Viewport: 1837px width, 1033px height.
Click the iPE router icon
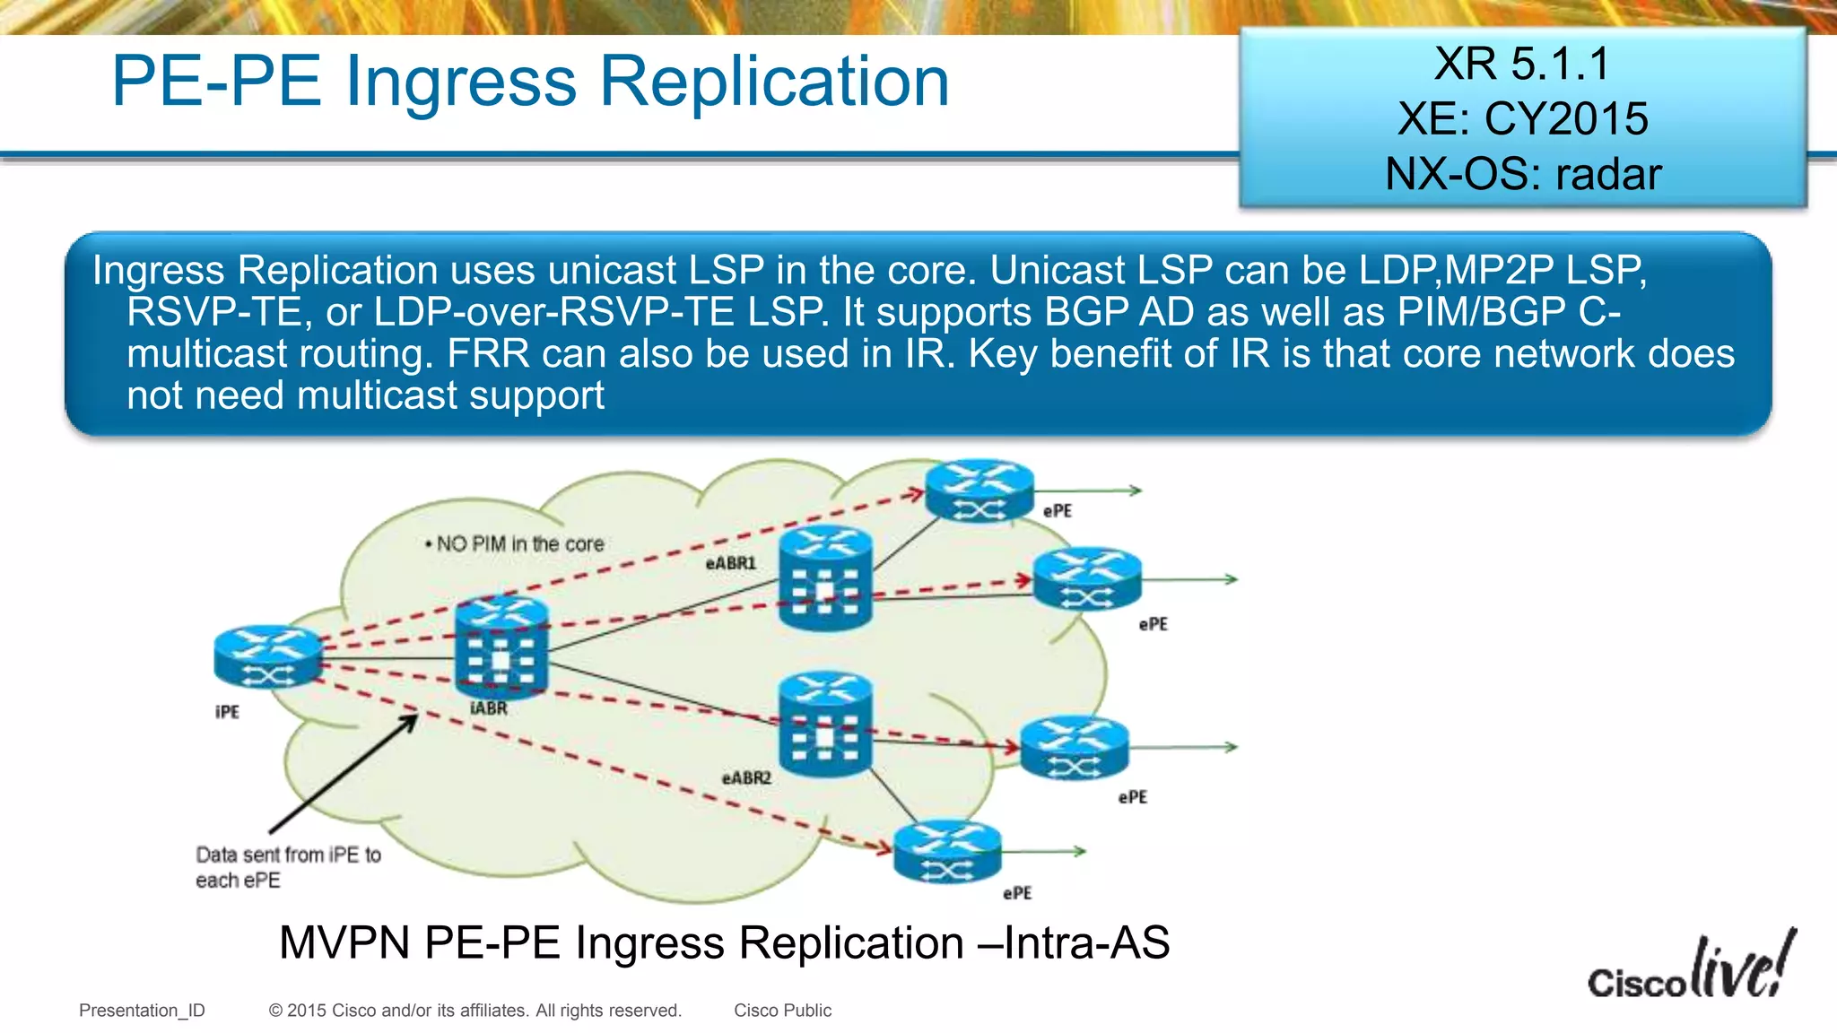pyautogui.click(x=267, y=656)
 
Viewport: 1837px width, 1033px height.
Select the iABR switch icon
pyautogui.click(x=501, y=647)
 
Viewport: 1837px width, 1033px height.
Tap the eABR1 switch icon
pyautogui.click(x=825, y=578)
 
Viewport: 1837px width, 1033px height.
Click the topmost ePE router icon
pyautogui.click(x=979, y=490)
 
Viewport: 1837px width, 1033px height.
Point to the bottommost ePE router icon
pyautogui.click(x=947, y=852)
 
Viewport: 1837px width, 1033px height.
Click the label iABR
pyautogui.click(x=489, y=708)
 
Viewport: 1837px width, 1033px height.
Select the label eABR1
pyautogui.click(x=730, y=563)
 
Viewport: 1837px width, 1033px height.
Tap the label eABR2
pyautogui.click(x=746, y=777)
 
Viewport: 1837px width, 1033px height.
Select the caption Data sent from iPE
pyautogui.click(x=287, y=866)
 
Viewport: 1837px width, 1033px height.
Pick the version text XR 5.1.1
pyautogui.click(x=1522, y=65)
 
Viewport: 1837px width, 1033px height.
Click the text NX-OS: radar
pyautogui.click(x=1522, y=174)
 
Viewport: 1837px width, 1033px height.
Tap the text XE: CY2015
pyautogui.click(x=1522, y=119)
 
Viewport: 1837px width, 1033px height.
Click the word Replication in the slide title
pyautogui.click(x=773, y=82)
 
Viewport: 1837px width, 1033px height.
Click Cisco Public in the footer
pyautogui.click(x=782, y=1011)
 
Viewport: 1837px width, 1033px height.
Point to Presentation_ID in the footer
pyautogui.click(x=142, y=1011)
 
